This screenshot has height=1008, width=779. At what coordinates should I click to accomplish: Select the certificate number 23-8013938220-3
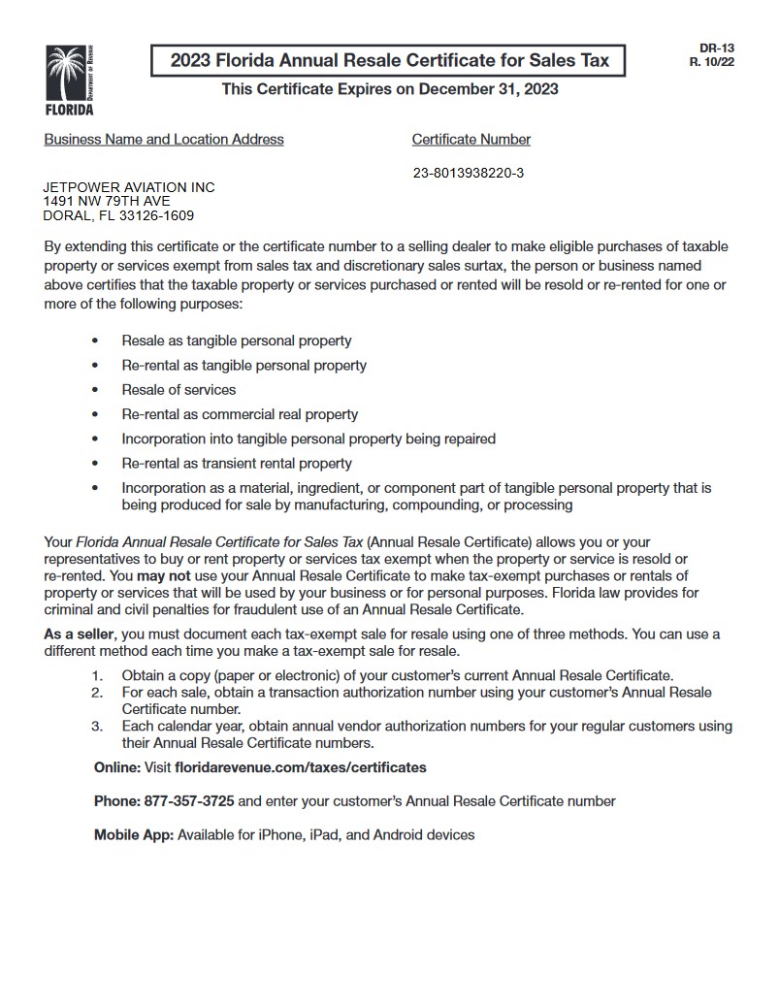coord(469,174)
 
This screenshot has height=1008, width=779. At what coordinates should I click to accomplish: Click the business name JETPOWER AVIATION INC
coord(129,187)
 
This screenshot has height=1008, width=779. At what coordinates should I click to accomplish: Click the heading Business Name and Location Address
coord(164,140)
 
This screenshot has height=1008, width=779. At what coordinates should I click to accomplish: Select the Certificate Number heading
coord(471,140)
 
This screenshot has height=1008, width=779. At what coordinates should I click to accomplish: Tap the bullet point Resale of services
coord(179,390)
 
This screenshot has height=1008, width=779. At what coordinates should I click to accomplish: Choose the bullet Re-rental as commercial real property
coord(240,414)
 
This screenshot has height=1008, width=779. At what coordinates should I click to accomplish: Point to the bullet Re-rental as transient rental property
coord(237,464)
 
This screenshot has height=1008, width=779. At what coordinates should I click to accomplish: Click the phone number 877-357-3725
coord(189,801)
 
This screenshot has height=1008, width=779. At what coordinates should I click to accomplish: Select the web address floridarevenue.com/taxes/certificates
coord(300,767)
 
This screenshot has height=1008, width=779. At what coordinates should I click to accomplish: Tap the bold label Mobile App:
coord(134,834)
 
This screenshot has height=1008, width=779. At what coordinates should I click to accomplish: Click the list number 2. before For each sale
coord(97,693)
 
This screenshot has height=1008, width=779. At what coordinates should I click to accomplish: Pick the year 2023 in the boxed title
coord(191,61)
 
